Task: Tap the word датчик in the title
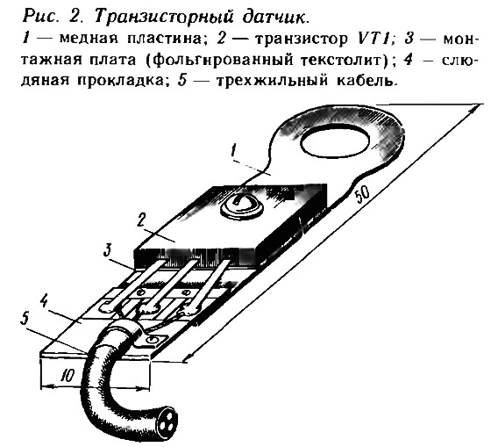[x=274, y=18]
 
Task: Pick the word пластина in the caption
[x=165, y=39]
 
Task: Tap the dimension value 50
[x=362, y=194]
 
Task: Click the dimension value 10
[x=68, y=377]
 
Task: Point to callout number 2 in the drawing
[x=141, y=220]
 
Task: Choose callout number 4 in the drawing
[x=44, y=300]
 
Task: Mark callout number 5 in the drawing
[x=25, y=319]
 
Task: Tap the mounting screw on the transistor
[x=242, y=205]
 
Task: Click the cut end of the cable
[x=167, y=418]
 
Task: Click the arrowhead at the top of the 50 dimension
[x=477, y=107]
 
